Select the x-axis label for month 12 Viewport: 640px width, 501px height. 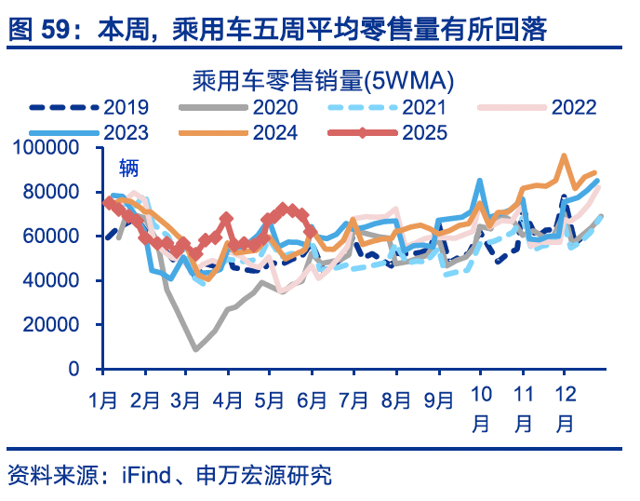tap(565, 411)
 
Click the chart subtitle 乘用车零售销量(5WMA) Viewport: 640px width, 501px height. tap(319, 78)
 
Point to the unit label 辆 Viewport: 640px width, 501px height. tap(128, 169)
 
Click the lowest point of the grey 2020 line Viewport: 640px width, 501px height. tap(196, 350)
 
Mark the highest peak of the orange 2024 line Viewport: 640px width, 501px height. tap(564, 156)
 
